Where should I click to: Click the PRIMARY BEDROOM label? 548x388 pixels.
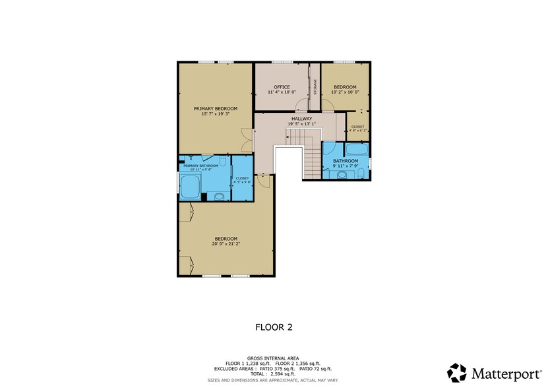(215, 108)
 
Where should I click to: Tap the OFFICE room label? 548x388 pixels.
(282, 87)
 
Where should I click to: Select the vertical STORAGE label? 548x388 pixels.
(315, 87)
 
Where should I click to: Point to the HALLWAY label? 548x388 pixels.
(301, 119)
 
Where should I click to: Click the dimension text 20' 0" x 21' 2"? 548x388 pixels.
(226, 243)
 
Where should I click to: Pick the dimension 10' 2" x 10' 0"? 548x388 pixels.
(345, 92)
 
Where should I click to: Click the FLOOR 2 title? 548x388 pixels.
(274, 327)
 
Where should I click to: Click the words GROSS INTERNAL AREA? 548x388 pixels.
(273, 358)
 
